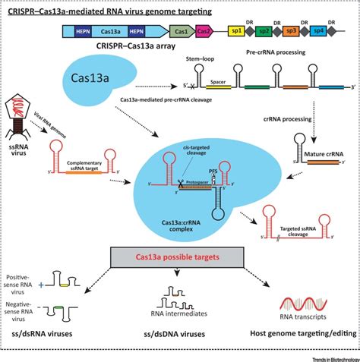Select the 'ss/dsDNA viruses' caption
point(176,333)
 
